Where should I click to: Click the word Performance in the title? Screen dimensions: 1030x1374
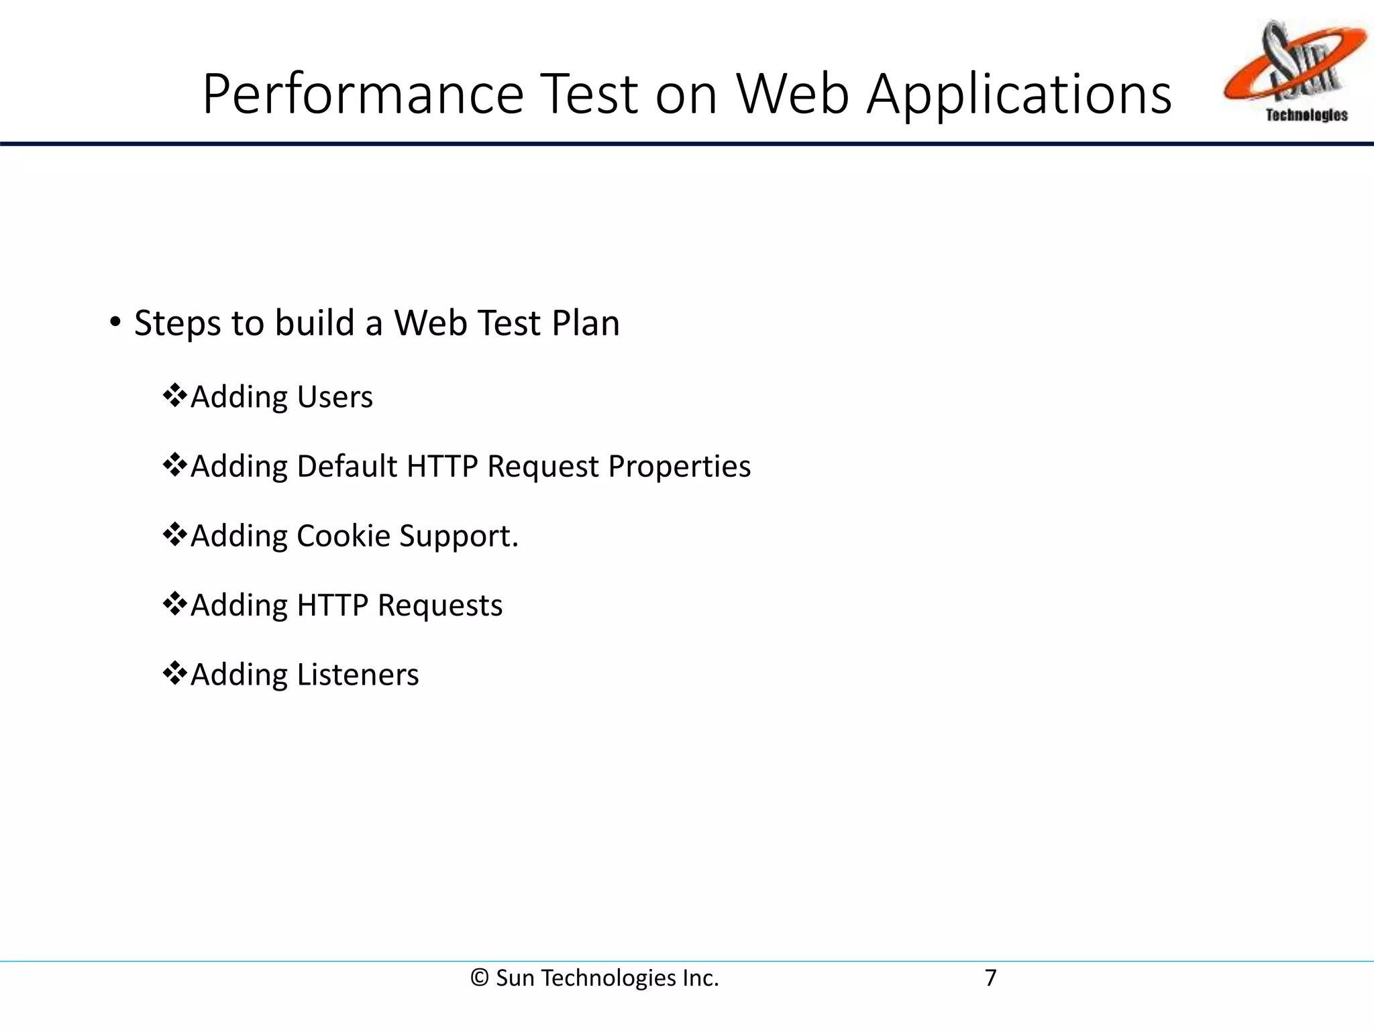363,94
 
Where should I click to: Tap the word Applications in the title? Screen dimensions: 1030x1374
1019,94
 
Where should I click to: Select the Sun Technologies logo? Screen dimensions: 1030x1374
1294,71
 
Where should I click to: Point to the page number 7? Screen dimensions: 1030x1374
990,978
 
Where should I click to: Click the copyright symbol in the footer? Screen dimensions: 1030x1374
479,978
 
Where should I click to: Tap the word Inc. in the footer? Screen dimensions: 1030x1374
700,978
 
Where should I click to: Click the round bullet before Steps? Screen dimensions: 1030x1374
115,322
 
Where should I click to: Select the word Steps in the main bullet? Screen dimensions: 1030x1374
177,323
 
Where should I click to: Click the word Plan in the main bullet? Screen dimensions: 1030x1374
585,323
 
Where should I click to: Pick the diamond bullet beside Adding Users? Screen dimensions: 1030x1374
174,396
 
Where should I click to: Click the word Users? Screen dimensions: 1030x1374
334,397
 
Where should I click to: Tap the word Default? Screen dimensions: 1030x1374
347,466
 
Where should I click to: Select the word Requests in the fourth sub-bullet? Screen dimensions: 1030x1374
439,606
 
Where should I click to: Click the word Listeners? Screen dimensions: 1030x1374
357,675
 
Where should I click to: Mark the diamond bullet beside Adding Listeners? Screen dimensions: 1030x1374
174,673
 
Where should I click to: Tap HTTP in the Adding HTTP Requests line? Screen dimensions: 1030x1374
332,606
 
